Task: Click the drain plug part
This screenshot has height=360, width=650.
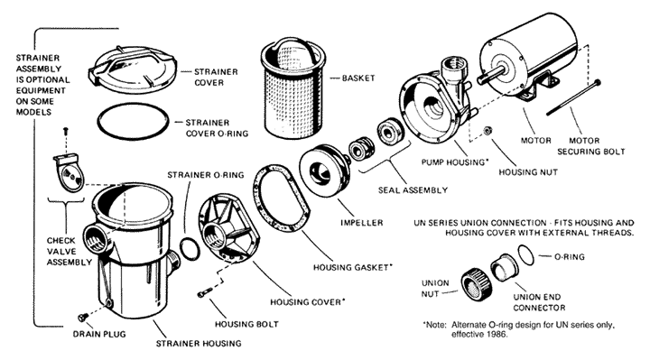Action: pos(82,318)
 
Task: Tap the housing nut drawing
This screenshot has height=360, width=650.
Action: pos(487,131)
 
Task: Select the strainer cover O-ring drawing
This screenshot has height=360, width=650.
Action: pos(133,122)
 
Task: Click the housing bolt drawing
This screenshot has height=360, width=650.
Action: pos(205,292)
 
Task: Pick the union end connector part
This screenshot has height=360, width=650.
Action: pos(504,268)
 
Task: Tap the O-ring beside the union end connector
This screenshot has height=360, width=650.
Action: pos(526,254)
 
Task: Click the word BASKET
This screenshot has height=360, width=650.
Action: pos(358,78)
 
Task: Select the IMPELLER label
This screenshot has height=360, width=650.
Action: pos(362,223)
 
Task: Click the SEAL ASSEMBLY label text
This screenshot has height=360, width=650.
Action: pos(413,190)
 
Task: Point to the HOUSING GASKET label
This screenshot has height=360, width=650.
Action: pos(352,267)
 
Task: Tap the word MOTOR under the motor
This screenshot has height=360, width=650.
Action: pos(535,141)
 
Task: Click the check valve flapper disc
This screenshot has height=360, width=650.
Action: pos(74,176)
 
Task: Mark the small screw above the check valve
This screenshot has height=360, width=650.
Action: pos(65,132)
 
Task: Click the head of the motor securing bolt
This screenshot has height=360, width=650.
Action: pos(597,82)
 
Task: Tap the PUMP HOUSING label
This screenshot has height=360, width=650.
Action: pos(452,162)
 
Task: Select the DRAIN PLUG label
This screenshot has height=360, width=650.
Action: pos(99,334)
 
